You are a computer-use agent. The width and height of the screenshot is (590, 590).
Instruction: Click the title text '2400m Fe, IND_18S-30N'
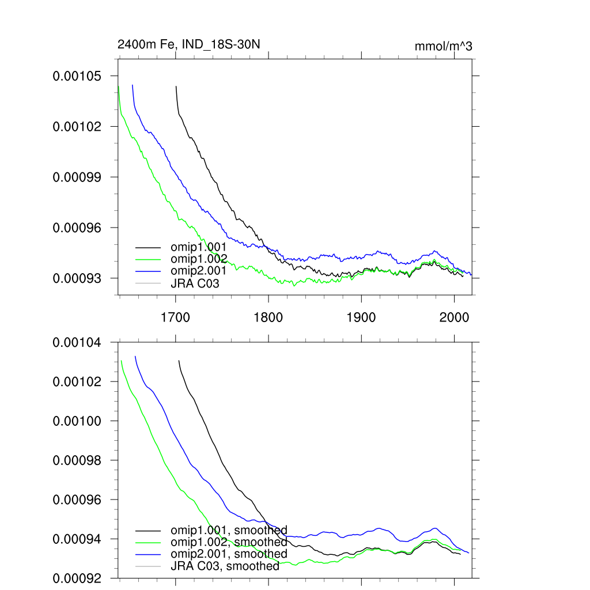(185, 44)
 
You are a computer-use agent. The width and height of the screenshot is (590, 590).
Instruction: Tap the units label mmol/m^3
(443, 47)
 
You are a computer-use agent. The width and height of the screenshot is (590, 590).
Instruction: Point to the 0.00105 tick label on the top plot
(77, 76)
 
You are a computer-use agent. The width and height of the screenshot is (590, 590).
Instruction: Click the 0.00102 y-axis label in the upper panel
(77, 126)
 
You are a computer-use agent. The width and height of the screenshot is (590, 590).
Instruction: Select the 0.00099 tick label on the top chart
(77, 177)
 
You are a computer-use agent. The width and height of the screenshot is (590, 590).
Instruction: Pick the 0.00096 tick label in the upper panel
(77, 228)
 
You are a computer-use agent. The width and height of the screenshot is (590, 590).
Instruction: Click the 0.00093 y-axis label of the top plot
(77, 278)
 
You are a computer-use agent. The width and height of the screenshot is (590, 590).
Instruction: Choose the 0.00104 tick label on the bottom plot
(77, 343)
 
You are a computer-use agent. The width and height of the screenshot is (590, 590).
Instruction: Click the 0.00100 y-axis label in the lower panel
(77, 421)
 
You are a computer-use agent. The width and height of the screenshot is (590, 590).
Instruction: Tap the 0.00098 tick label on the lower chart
(77, 460)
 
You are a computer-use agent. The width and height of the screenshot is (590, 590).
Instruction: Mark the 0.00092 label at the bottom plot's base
(77, 578)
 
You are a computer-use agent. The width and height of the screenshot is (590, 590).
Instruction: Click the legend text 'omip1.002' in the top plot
(195, 258)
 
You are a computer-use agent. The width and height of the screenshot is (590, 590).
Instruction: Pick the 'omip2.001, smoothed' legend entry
(229, 554)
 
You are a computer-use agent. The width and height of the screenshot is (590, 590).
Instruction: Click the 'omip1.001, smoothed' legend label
(229, 530)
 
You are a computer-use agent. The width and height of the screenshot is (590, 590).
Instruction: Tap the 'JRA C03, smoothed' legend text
(225, 566)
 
